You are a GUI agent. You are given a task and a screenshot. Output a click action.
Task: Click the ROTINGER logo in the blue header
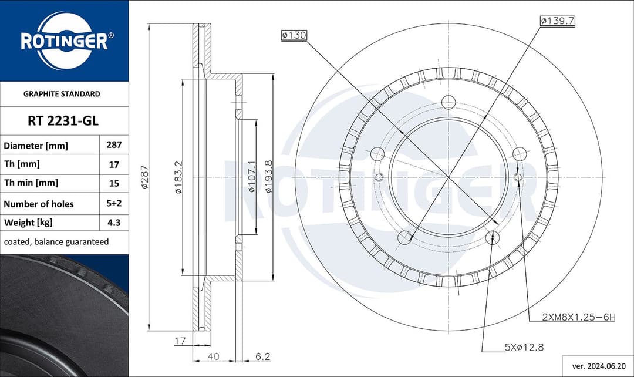(x=64, y=41)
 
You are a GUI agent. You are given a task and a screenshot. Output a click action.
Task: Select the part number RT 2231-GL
(x=63, y=121)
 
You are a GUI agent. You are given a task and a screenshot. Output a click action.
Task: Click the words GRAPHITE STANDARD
(x=62, y=93)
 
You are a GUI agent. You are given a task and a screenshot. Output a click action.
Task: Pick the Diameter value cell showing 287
(x=113, y=144)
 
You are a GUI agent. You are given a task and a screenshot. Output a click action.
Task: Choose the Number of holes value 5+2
(x=113, y=204)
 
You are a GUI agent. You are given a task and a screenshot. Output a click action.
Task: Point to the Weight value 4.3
(x=113, y=223)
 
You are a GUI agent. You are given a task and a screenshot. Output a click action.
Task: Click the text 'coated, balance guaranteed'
(x=56, y=241)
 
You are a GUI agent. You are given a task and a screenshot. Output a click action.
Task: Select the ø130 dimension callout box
(x=294, y=36)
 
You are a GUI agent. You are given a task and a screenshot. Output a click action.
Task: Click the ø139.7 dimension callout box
(x=557, y=21)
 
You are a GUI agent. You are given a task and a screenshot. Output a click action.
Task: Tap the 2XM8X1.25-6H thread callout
(x=578, y=318)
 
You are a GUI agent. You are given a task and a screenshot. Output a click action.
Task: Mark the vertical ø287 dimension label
(x=144, y=176)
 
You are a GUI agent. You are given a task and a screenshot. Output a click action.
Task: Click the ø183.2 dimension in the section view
(x=177, y=176)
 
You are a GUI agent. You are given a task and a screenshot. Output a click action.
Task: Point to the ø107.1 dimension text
(x=251, y=176)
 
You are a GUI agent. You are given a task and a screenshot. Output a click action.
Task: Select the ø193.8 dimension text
(x=268, y=176)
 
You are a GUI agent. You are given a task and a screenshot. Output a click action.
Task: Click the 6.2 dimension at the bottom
(x=262, y=356)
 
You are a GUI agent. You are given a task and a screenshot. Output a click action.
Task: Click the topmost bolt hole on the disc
(x=448, y=102)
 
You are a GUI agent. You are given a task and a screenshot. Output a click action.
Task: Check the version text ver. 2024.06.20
(x=598, y=365)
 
